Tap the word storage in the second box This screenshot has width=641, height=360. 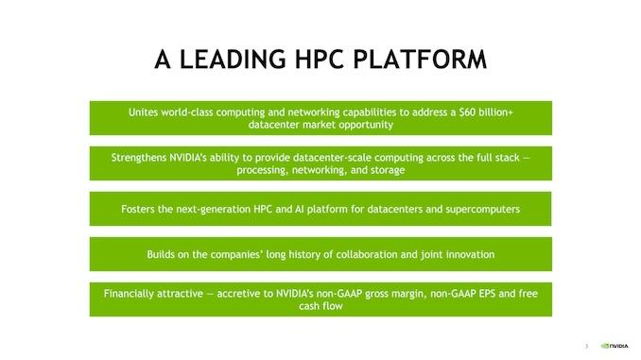pos(387,170)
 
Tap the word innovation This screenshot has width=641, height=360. pos(468,254)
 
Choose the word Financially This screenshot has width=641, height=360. pos(133,294)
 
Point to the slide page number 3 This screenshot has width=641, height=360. pos(587,346)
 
